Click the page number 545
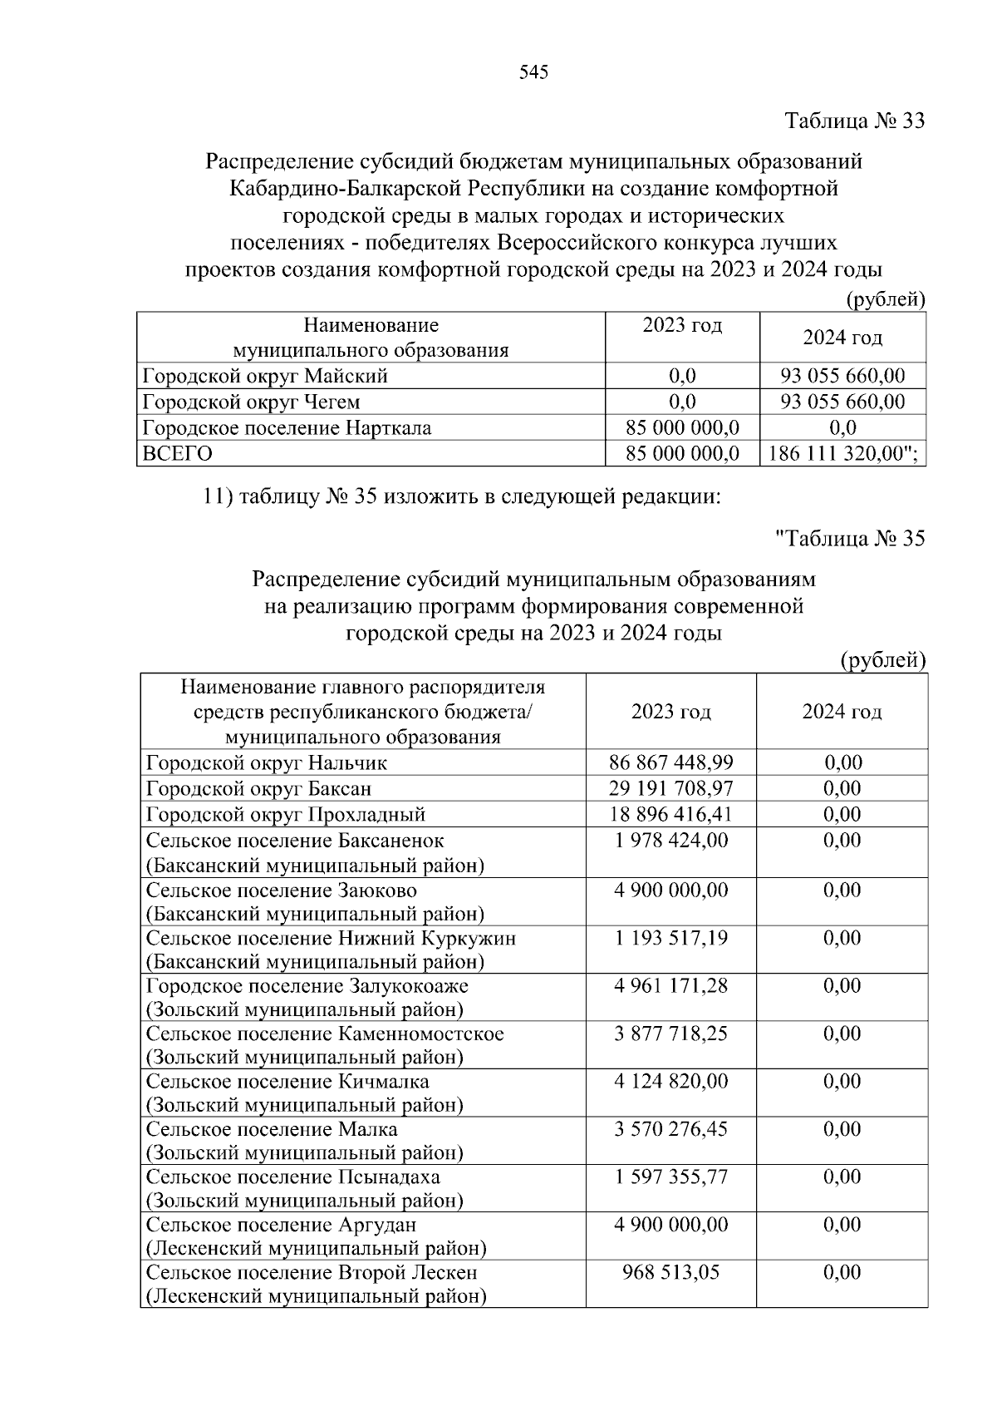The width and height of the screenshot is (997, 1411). point(533,72)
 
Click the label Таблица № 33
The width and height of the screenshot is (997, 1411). point(855,121)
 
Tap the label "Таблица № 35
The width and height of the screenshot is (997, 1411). point(849,539)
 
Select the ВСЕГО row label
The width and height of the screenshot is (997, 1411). point(178,453)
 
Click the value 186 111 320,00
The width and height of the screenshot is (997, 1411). point(842,453)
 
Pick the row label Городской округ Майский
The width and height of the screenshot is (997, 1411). point(265,376)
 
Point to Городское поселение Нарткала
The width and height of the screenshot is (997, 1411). point(287,427)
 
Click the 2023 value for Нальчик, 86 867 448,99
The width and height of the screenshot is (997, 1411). point(670,762)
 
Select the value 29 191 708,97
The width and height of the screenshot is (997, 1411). point(670,788)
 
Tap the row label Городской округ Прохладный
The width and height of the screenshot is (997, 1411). point(286,814)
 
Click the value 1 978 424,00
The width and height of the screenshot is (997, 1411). point(670,841)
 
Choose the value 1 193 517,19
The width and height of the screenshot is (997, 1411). point(670,939)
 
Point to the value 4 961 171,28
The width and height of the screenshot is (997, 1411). point(670,986)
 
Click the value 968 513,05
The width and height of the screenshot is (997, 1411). point(670,1273)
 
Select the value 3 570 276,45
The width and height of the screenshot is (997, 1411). point(670,1130)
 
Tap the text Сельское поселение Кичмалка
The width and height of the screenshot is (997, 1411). point(287,1082)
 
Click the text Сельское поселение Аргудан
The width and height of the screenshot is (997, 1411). point(281,1226)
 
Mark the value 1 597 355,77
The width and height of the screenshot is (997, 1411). point(670,1177)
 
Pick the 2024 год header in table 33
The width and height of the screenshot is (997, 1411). point(842,338)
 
